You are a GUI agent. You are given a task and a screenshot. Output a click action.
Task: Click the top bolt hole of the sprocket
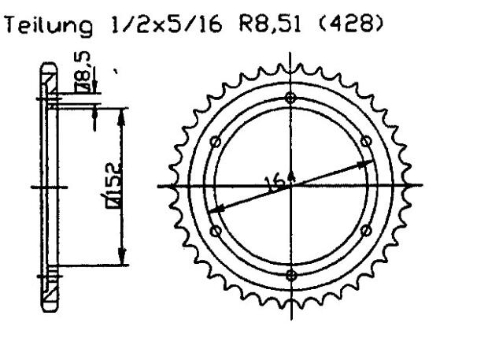point(292,98)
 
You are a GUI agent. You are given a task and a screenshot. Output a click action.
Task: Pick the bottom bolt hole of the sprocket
point(292,274)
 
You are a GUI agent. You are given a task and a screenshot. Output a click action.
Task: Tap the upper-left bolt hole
point(216,142)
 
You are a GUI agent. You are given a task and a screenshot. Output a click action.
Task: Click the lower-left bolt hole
point(216,230)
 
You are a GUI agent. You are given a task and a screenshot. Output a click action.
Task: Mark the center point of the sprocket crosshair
point(292,186)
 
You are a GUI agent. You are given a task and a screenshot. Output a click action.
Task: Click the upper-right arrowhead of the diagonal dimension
point(367,164)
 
